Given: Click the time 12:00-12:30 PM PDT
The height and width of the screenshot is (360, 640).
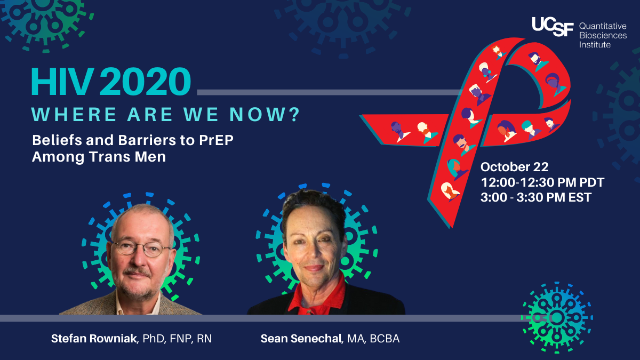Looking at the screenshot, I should tap(542, 182).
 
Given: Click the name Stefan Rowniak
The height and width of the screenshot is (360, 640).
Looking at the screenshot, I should tap(93, 339).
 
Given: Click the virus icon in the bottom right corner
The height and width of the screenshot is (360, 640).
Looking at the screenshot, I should tap(556, 318).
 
